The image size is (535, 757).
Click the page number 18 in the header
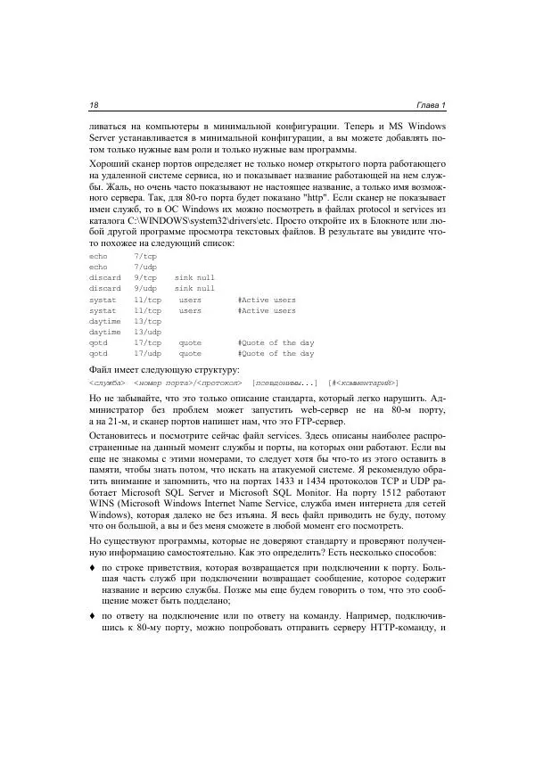[94, 105]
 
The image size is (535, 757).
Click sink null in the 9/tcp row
[194, 277]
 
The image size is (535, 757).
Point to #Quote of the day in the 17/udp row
[276, 353]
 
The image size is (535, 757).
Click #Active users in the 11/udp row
[267, 310]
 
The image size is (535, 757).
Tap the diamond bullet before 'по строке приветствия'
[93, 566]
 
